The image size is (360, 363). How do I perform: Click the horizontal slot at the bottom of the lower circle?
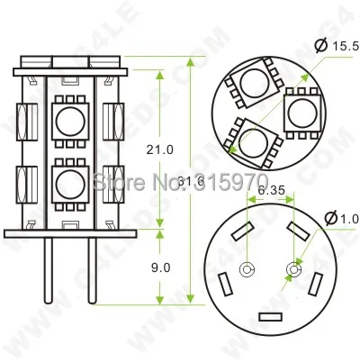point(269,318)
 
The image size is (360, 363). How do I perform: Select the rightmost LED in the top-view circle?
point(302,113)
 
